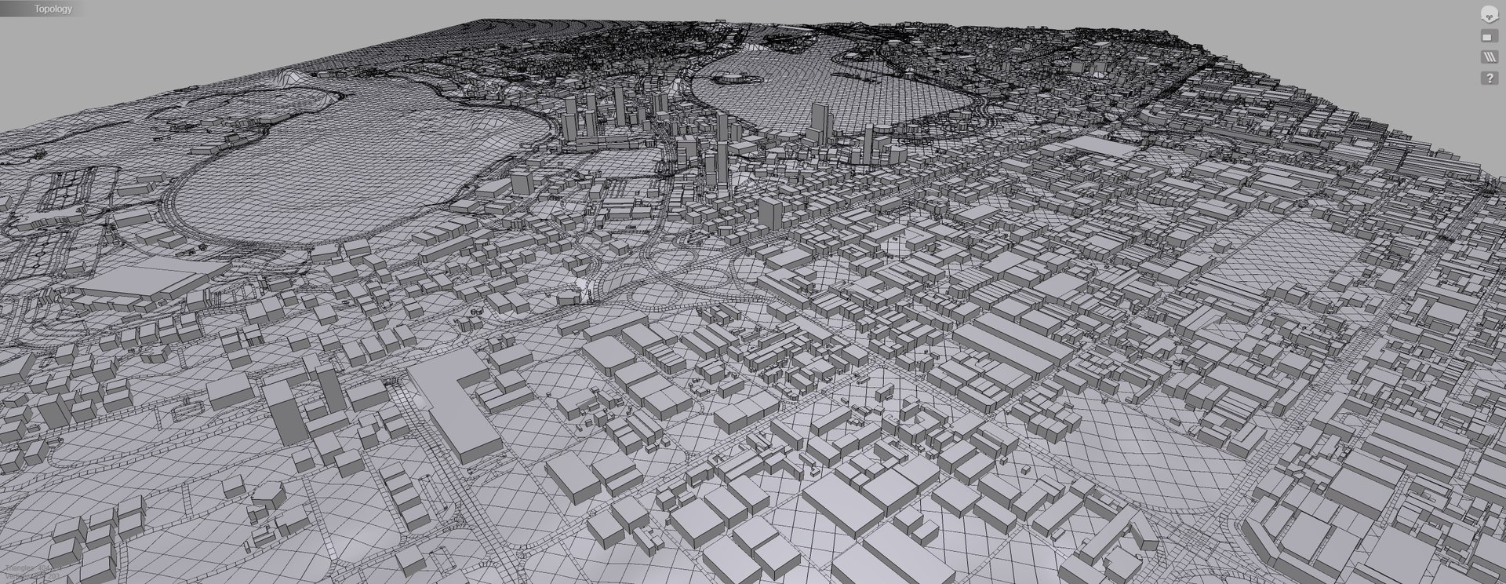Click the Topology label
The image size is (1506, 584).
point(53,9)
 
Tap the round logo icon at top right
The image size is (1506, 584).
point(1488,13)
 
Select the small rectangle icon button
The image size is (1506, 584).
point(1488,36)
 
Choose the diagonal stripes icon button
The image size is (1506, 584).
point(1488,57)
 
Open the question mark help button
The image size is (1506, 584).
point(1488,78)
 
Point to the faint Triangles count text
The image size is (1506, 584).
point(31,567)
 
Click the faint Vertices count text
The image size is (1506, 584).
point(31,576)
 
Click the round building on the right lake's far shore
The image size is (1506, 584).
point(729,77)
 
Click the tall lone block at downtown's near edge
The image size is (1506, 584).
point(770,212)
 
